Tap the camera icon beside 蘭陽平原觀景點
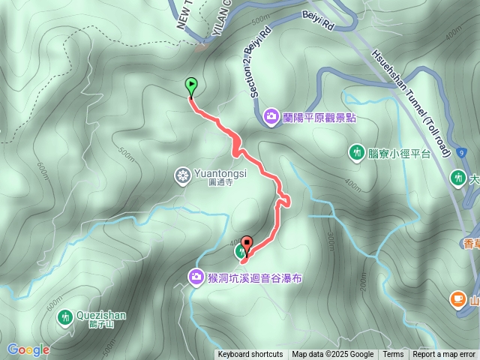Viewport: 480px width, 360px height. [271, 116]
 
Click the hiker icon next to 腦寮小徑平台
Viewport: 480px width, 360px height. [357, 153]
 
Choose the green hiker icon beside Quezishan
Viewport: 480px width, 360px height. [65, 317]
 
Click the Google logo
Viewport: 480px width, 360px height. [28, 349]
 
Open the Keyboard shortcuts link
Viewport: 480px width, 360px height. [250, 355]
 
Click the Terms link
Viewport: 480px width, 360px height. [393, 355]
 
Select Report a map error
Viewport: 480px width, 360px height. [444, 355]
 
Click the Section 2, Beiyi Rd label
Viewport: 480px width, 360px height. [256, 64]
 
